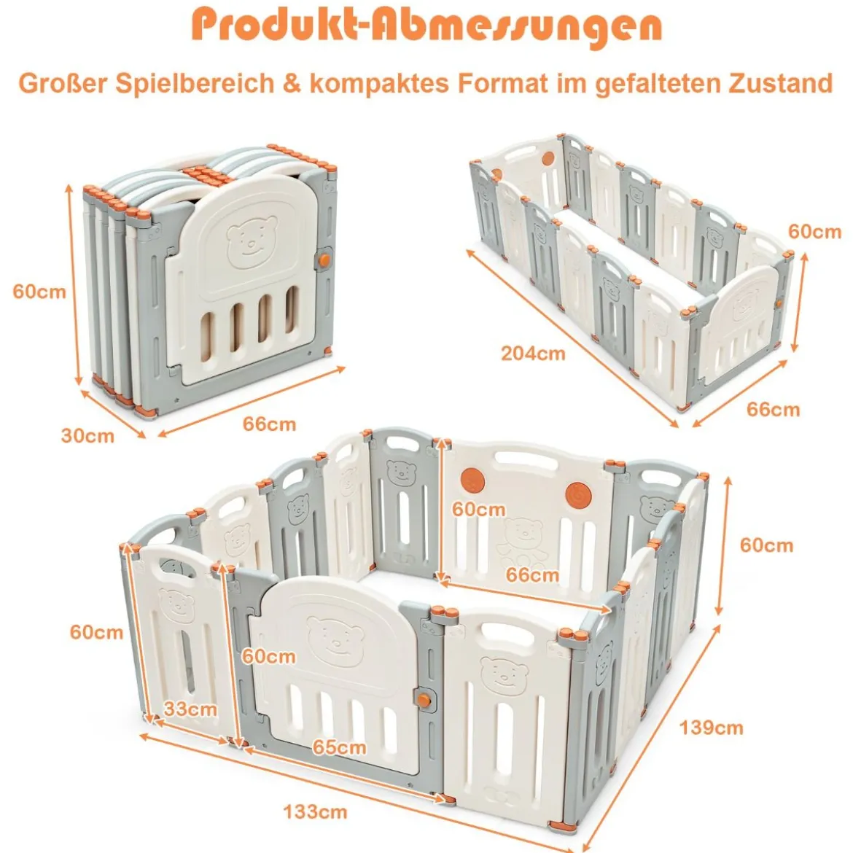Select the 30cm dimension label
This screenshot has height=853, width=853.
pos(87,436)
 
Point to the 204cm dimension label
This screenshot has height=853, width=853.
pos(533,354)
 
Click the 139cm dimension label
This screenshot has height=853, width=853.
pos(711,728)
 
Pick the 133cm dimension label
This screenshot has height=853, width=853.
pos(315,812)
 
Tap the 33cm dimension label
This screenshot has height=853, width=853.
pos(190,709)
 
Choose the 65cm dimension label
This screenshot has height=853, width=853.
pos(339,747)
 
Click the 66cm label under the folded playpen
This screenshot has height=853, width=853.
pos(269,424)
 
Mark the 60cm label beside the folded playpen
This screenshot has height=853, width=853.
pos(39,292)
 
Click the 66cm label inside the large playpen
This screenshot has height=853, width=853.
pos(532,575)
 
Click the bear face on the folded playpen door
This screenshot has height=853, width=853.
pos(251,241)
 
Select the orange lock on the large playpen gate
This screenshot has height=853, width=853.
pos(424,700)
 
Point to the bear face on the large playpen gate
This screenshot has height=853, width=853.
pos(334,642)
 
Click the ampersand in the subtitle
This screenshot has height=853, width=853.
pos(292,83)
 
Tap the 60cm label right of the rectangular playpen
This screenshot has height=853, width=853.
pos(815,232)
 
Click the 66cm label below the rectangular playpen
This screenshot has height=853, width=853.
pos(773,410)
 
